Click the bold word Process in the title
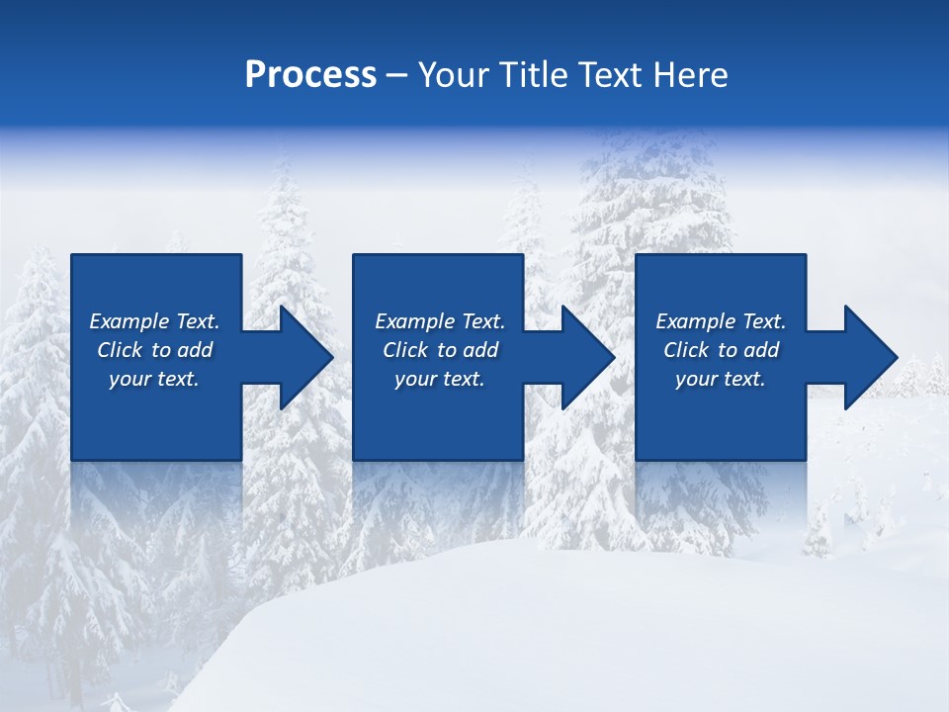coord(310,75)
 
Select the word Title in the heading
coord(535,75)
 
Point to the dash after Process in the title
coord(397,76)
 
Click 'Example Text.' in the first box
coord(154,321)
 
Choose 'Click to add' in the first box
coord(154,350)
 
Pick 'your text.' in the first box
coord(154,379)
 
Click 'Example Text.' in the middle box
coord(440,321)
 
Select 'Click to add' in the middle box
coord(440,350)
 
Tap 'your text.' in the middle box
coord(440,379)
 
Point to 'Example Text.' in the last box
coord(721,321)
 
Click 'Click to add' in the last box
coord(721,350)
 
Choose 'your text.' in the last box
coord(721,379)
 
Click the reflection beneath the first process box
coord(156,494)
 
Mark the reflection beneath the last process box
coord(721,494)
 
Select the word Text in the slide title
coord(613,75)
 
